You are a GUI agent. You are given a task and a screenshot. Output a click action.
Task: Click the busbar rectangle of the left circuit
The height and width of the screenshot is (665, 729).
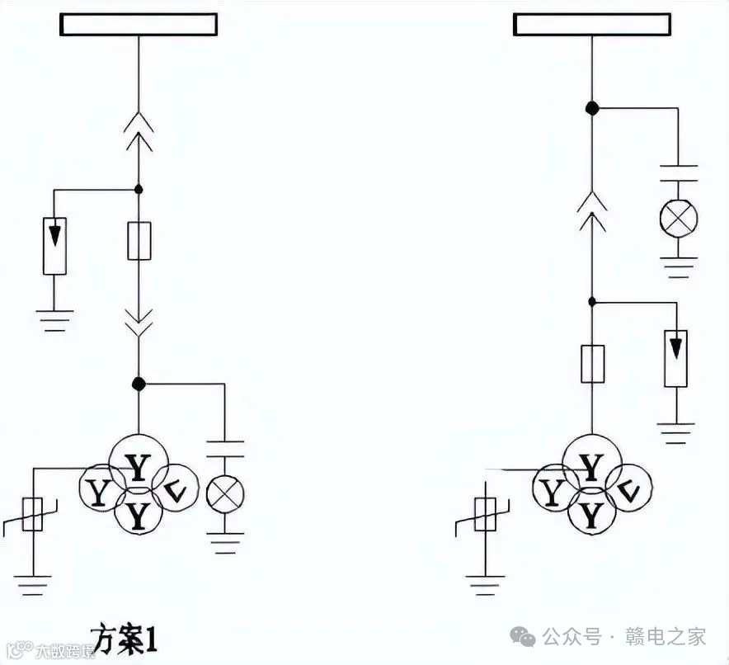click(139, 25)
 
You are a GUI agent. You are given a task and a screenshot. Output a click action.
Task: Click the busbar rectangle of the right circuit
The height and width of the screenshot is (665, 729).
click(592, 25)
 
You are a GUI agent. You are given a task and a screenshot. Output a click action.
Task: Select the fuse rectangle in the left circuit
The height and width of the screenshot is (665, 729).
click(139, 241)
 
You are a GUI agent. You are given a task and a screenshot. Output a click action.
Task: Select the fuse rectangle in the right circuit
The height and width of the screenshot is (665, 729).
click(592, 364)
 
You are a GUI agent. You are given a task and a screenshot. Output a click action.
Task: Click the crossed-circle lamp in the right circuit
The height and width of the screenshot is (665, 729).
click(678, 218)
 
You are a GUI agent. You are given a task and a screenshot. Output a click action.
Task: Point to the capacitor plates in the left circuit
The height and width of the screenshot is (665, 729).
click(225, 449)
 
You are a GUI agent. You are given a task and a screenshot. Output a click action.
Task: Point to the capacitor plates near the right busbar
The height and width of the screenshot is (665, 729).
click(678, 174)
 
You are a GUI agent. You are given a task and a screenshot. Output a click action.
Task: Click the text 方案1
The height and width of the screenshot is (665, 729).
click(123, 638)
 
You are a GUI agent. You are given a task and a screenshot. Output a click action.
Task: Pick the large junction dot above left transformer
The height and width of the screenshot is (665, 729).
click(139, 384)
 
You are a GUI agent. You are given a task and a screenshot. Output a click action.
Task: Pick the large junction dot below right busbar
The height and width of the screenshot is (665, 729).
click(591, 107)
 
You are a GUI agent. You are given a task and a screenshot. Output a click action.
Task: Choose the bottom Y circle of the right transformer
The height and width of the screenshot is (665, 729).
click(590, 515)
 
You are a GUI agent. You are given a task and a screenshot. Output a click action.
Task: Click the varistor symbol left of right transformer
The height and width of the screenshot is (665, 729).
click(487, 517)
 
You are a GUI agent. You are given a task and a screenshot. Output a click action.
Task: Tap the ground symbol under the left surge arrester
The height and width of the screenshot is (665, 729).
click(54, 318)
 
